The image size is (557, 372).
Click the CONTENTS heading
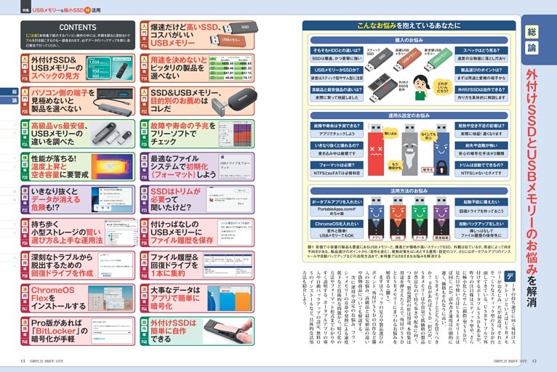click(x=77, y=28)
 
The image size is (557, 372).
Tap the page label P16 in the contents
click(x=144, y=76)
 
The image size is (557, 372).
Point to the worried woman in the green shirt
click(x=420, y=86)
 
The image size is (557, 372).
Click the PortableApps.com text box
click(x=337, y=209)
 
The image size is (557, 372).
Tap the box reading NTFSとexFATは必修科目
click(x=337, y=173)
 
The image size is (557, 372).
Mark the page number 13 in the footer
click(x=24, y=359)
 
